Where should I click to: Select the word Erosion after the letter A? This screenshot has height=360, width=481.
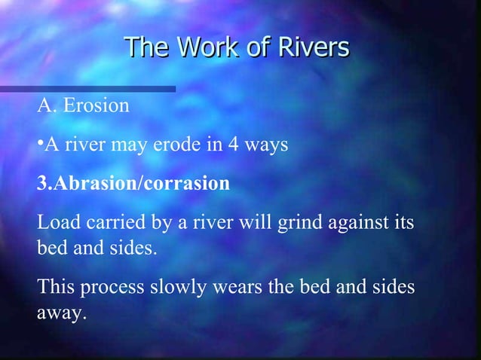pyautogui.click(x=96, y=106)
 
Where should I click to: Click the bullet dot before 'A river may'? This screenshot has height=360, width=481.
pyautogui.click(x=39, y=140)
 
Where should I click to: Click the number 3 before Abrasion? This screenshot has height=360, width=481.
pyautogui.click(x=41, y=183)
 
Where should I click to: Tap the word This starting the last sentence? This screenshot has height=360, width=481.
pyautogui.click(x=54, y=288)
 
